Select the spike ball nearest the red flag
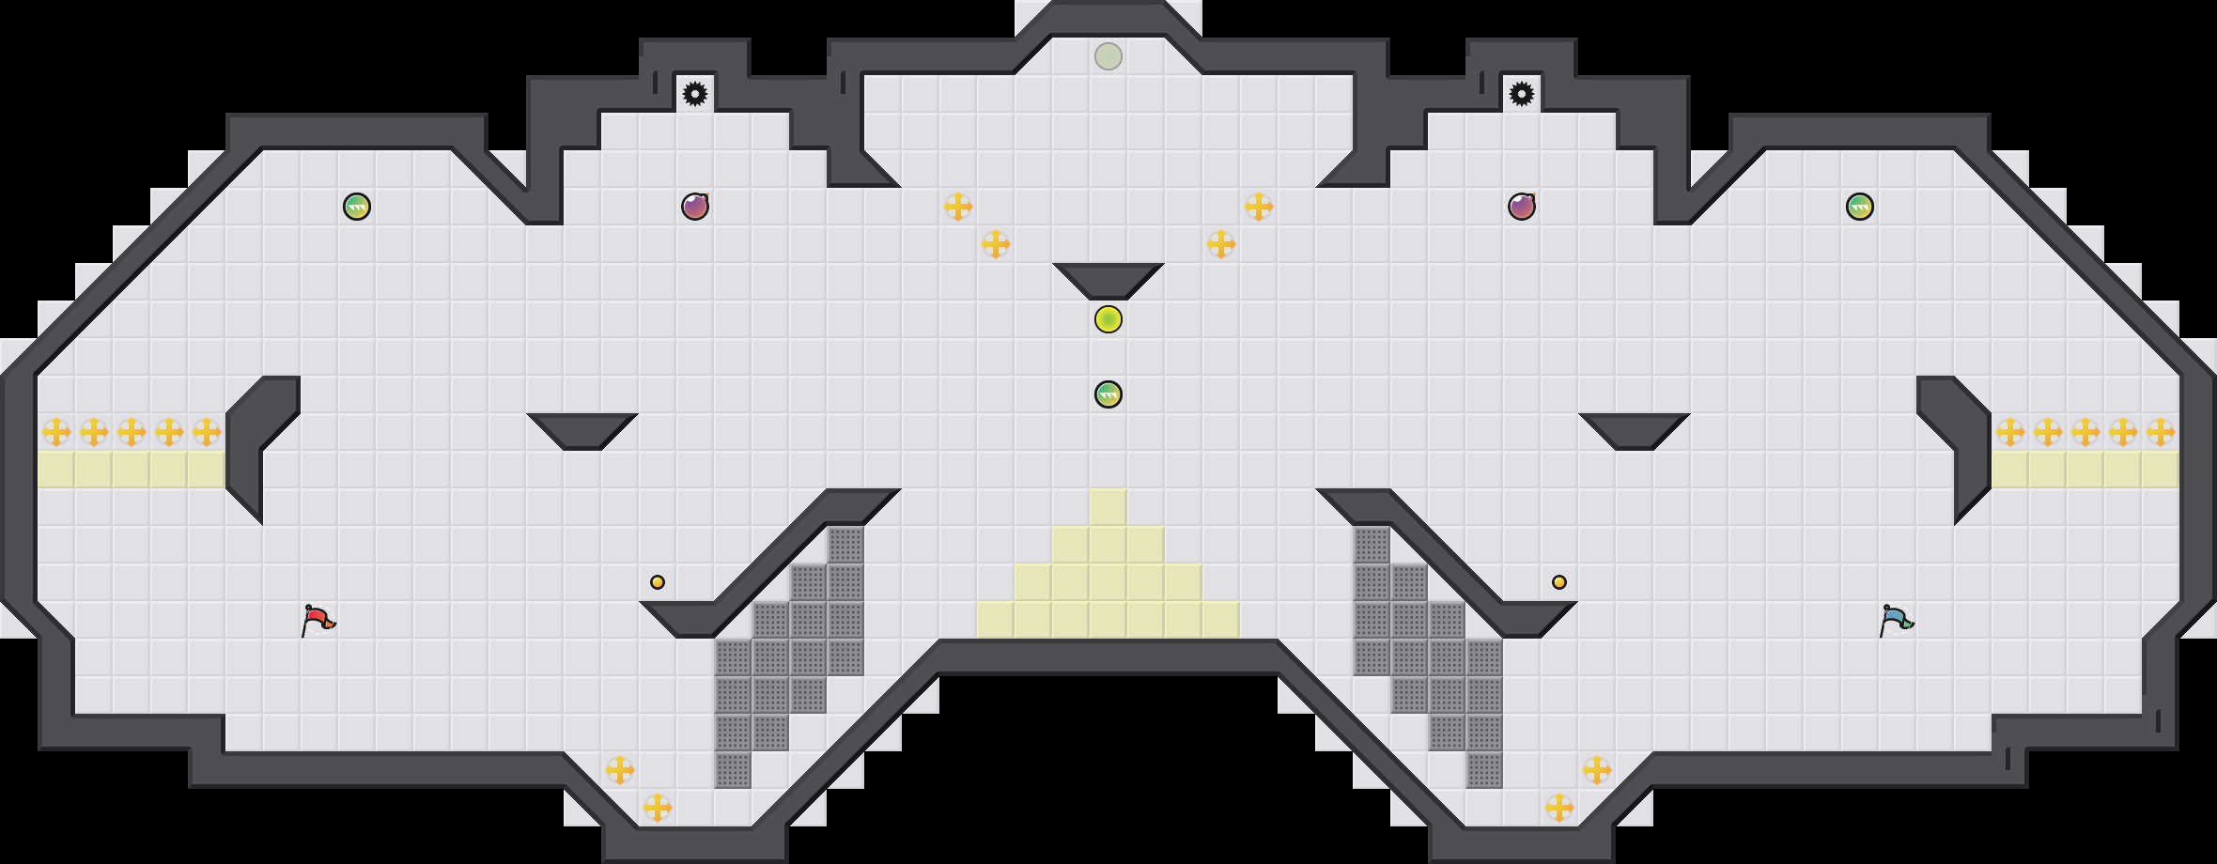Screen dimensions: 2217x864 click(x=695, y=94)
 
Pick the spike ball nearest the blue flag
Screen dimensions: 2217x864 click(x=1522, y=94)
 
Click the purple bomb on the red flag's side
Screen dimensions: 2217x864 click(x=695, y=206)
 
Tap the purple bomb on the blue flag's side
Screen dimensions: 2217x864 click(x=1522, y=206)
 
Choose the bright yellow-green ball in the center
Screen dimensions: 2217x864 click(x=1108, y=319)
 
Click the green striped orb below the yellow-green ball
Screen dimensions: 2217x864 click(x=1108, y=394)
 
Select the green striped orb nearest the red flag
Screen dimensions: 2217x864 click(x=357, y=207)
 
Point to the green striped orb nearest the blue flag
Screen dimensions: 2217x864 click(x=1860, y=207)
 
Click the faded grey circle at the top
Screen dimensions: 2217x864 click(x=1108, y=56)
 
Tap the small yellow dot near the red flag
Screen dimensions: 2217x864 click(x=658, y=582)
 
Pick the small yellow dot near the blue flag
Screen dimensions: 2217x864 click(x=1559, y=582)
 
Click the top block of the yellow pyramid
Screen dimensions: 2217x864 click(x=1108, y=507)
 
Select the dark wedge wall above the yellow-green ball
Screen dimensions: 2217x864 click(x=1108, y=279)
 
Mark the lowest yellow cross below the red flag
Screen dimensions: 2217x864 click(x=658, y=807)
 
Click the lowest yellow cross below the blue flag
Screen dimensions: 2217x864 click(x=1559, y=807)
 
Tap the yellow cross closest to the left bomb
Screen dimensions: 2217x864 click(x=958, y=207)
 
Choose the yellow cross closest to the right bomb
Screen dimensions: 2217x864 click(x=1259, y=207)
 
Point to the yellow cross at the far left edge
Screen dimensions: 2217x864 click(x=56, y=432)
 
